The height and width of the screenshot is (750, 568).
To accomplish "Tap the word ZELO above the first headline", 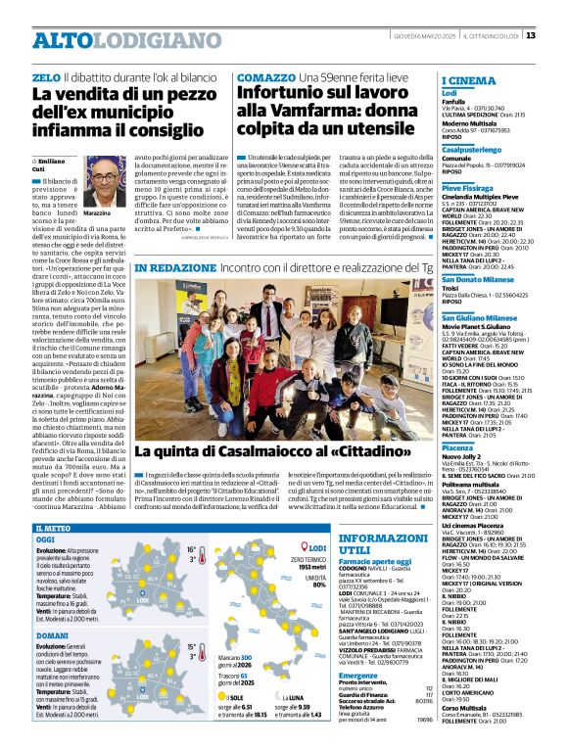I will click(x=45, y=76).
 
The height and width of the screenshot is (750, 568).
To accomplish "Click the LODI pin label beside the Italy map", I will click(x=316, y=548).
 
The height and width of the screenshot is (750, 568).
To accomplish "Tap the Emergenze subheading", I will click(x=357, y=675).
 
